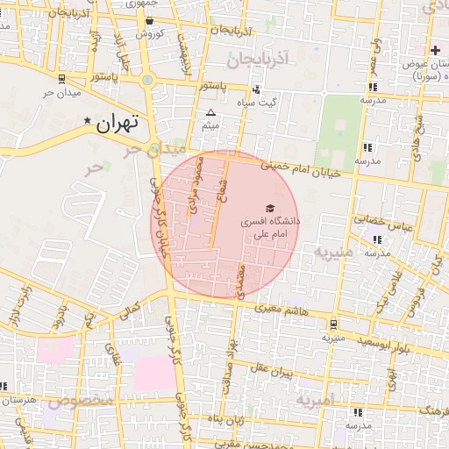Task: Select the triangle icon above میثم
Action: pos(210,113)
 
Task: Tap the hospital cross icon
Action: pos(435,49)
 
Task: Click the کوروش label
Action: pos(149,33)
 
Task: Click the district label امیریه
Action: pos(315,400)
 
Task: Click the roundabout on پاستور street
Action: pos(147,81)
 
